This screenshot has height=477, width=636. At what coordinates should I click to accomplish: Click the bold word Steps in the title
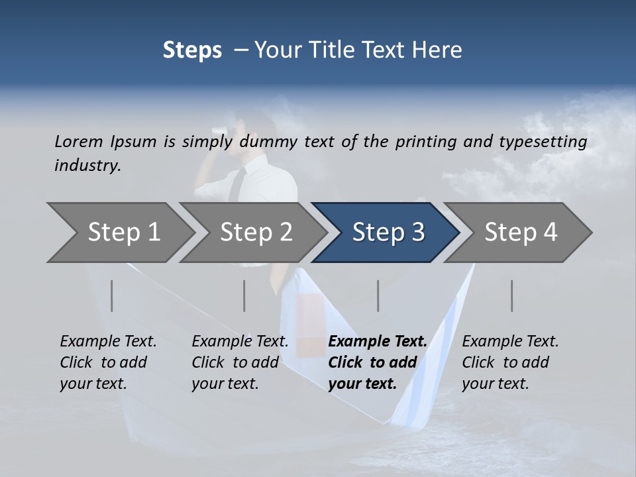(x=192, y=50)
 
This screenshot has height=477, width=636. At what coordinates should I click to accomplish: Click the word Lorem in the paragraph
(x=78, y=142)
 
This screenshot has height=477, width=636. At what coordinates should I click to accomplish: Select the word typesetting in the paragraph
(x=547, y=142)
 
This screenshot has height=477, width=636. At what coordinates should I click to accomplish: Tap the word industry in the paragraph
(x=87, y=166)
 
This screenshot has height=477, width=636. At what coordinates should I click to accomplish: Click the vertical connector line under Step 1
(x=112, y=295)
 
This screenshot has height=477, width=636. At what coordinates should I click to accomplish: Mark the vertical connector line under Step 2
(x=244, y=295)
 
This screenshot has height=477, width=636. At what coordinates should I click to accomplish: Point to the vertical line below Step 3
(x=378, y=295)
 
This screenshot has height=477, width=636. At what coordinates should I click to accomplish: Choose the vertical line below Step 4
(x=511, y=295)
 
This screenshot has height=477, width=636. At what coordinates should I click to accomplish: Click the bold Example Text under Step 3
(x=378, y=342)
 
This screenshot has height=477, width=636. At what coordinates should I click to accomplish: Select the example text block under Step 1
(x=108, y=362)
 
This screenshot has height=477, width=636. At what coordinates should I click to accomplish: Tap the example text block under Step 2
(x=240, y=362)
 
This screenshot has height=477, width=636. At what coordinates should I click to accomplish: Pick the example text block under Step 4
(x=510, y=362)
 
